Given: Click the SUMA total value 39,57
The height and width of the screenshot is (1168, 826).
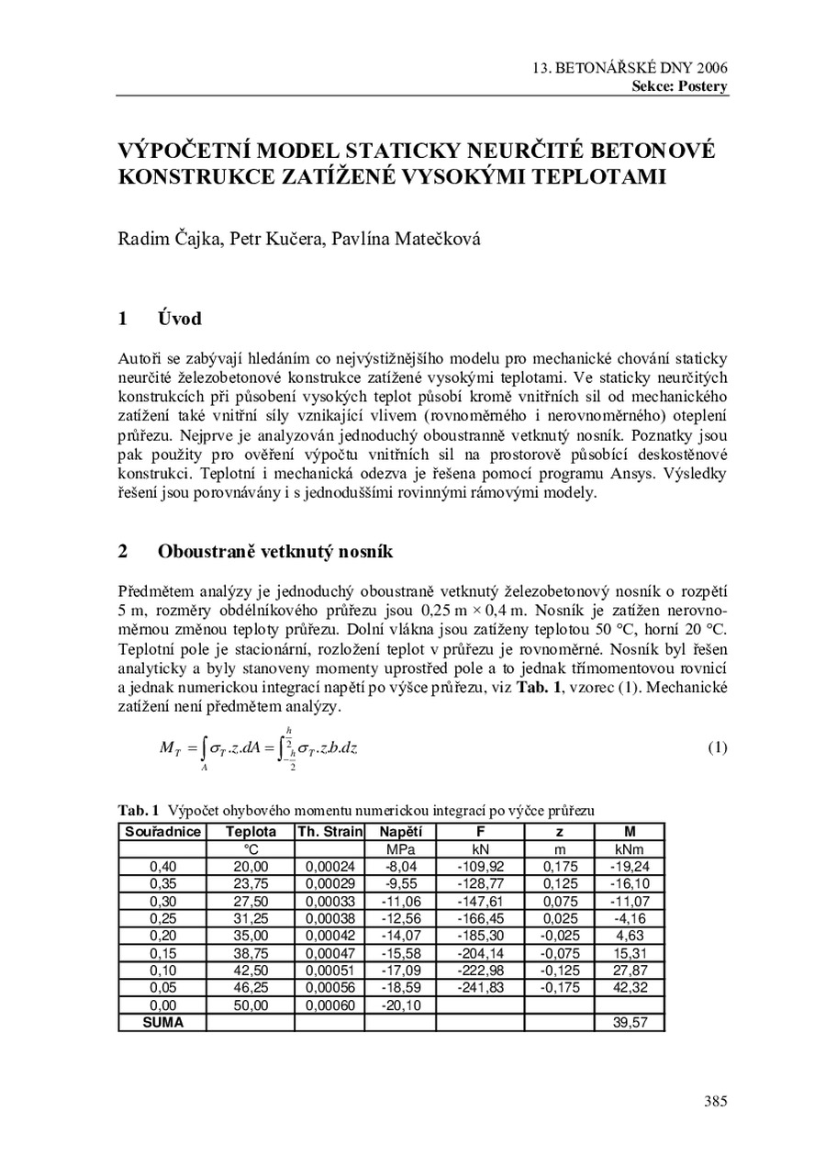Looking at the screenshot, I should pos(631,1022).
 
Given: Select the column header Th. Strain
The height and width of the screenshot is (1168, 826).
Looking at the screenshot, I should pos(329,832).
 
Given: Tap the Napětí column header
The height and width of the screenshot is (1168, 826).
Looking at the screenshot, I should pos(400,832).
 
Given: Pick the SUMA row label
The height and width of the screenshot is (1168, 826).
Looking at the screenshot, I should pos(162,1022).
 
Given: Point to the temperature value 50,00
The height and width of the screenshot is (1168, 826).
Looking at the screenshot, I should pos(251,1005).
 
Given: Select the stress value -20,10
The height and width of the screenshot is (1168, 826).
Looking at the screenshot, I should pos(400,1005).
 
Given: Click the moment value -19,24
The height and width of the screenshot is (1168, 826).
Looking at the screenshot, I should pos(631,865).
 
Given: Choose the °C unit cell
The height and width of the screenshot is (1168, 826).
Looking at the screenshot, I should pos(251,849).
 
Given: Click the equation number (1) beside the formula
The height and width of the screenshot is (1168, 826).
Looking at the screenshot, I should pos(717,747).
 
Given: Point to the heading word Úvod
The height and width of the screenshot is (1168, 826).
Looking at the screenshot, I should pos(179,319).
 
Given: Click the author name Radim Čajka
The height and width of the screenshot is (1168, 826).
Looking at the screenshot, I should pos(168,240).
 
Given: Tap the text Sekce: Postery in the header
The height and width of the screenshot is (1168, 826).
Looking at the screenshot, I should pos(679,86).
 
